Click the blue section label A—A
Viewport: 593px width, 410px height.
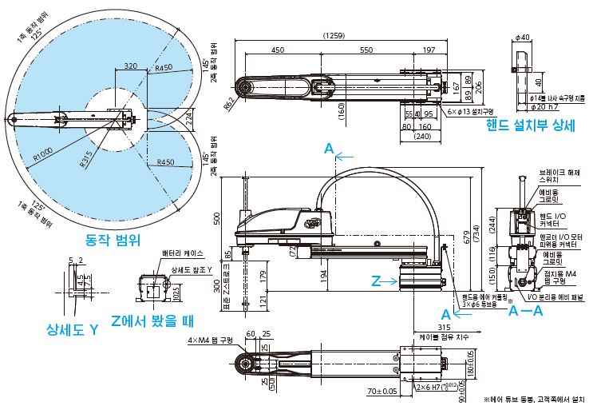(x=525, y=312)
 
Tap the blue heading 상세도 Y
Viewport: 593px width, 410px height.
(x=72, y=328)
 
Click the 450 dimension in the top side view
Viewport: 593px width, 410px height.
(x=277, y=50)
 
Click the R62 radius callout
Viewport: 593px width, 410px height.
(x=228, y=102)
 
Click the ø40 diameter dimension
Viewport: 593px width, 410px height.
(x=524, y=37)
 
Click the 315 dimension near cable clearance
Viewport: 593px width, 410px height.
(x=421, y=325)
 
